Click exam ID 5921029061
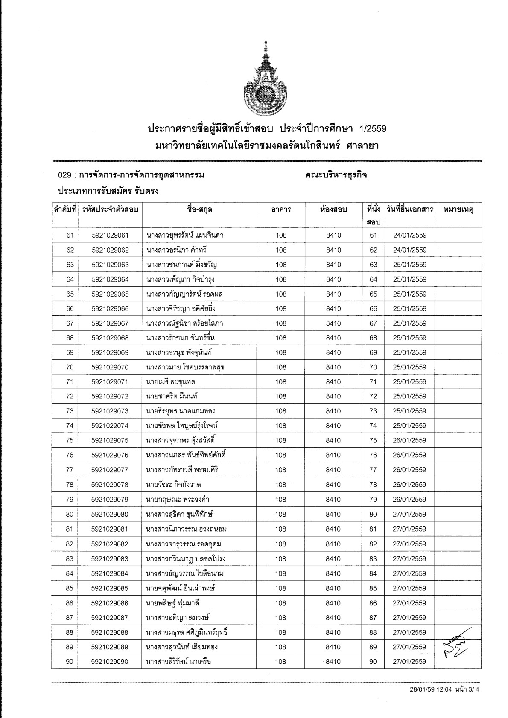coord(110,235)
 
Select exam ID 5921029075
coord(110,440)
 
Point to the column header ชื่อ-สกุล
coord(199,209)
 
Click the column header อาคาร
coord(281,209)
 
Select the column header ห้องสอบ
coord(333,209)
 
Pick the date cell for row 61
coord(409,235)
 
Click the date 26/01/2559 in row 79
coord(409,499)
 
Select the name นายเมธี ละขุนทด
coord(171,382)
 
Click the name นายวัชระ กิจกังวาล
coord(173,485)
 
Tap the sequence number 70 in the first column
coord(70,367)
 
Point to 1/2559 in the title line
coord(373,128)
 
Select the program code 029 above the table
coord(64,175)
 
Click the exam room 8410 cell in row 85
coord(333,588)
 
